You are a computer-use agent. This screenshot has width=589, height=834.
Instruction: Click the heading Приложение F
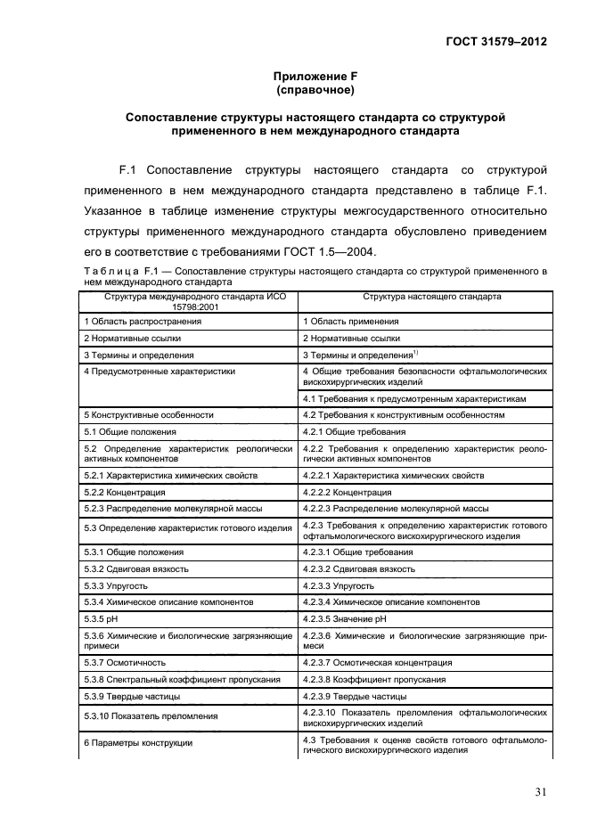[x=315, y=77]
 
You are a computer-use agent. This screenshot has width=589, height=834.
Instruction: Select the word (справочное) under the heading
[x=315, y=90]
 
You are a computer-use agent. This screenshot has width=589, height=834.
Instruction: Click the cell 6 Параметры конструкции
[x=138, y=742]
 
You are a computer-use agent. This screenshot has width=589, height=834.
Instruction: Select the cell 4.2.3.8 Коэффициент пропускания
[x=374, y=679]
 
